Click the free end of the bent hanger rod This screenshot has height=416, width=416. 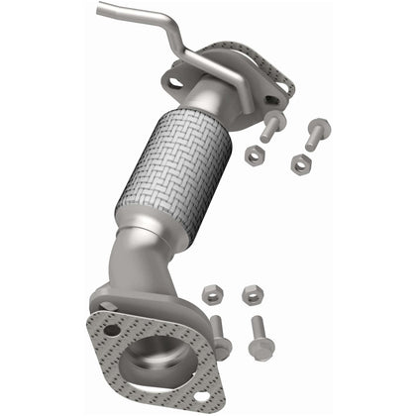(101, 11)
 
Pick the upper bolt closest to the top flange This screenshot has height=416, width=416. (270, 126)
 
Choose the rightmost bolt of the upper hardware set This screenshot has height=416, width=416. (317, 131)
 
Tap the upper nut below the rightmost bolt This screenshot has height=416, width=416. (299, 164)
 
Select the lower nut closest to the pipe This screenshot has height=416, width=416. (211, 294)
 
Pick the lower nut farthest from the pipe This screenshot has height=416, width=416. (251, 295)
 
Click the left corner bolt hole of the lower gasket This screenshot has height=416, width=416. (111, 329)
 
